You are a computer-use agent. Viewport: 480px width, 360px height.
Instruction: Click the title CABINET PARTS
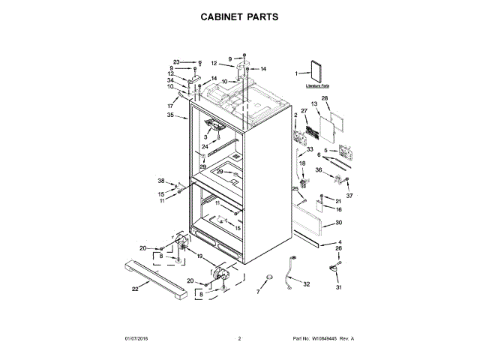[240, 16]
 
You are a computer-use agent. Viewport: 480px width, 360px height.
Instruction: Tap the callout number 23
[176, 61]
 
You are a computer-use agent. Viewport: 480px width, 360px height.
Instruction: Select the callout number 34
[171, 81]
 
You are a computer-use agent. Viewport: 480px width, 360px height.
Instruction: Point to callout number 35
[171, 115]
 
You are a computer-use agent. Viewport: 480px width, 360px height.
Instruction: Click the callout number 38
[160, 181]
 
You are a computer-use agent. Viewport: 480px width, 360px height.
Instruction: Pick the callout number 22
[135, 289]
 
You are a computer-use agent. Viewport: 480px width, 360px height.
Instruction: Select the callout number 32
[305, 284]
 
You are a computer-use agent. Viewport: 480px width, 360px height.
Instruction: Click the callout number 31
[338, 288]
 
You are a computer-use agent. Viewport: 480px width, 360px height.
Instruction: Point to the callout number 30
[339, 223]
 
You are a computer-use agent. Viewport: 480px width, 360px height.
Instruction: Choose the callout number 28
[325, 98]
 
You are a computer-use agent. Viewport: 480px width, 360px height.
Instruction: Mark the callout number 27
[304, 111]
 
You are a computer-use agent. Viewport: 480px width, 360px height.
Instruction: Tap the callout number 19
[199, 256]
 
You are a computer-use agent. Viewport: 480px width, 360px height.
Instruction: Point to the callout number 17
[170, 106]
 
